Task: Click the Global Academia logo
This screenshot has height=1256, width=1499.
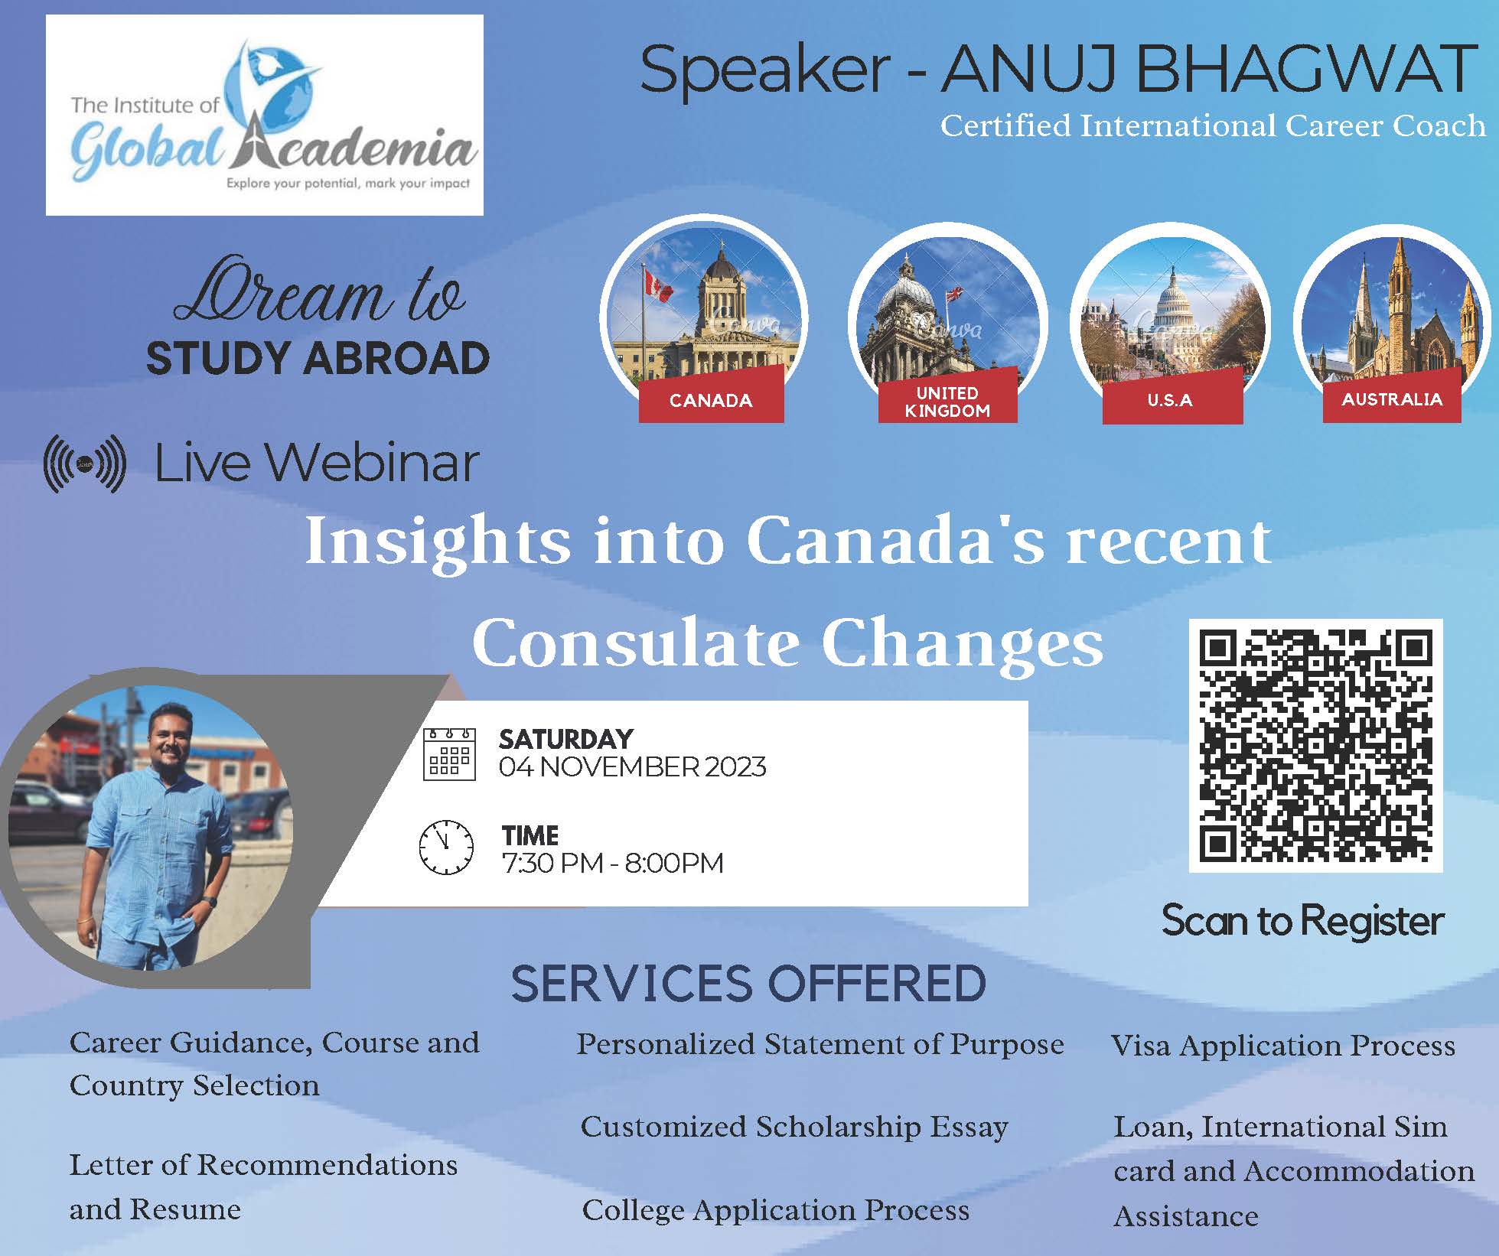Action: coord(264,115)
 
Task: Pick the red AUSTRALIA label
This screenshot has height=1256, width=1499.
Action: coord(1392,398)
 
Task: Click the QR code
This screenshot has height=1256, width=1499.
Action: coord(1315,745)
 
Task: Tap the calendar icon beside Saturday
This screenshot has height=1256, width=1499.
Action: coord(449,754)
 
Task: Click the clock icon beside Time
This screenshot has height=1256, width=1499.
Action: coord(446,848)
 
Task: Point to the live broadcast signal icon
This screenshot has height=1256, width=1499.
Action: coord(85,464)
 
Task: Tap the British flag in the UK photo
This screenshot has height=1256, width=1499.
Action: coord(954,295)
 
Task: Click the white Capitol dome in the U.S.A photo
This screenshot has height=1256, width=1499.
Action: coord(1172,294)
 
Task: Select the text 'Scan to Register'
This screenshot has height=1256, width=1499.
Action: coord(1302,921)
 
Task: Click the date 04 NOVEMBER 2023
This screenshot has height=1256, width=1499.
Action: coord(632,767)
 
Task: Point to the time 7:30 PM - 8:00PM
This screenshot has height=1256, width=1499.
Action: coord(612,863)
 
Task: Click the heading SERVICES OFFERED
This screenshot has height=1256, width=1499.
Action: coord(748,984)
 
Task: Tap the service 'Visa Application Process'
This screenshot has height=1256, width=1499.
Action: coord(1282,1046)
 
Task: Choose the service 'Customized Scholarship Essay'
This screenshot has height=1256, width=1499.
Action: coord(794,1127)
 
